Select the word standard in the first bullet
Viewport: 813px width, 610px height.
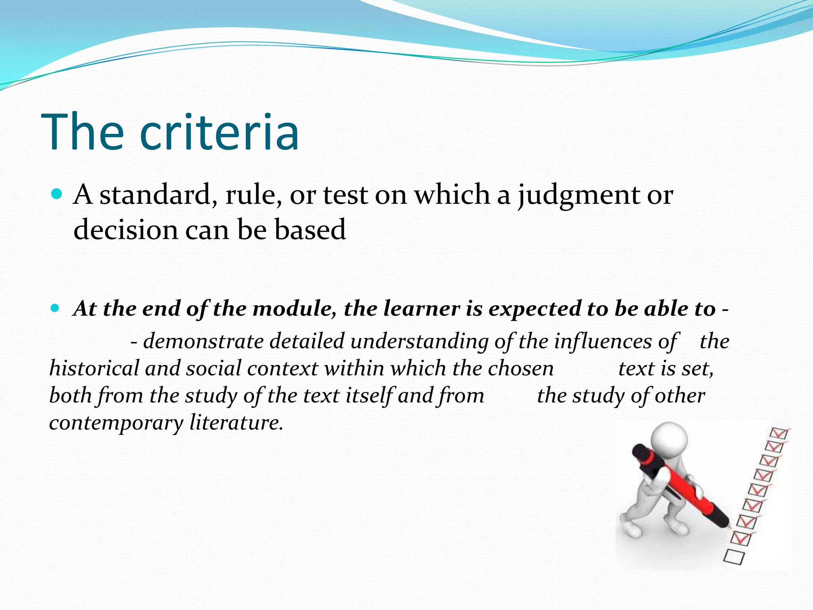tap(155, 195)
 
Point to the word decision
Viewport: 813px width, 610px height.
tap(125, 230)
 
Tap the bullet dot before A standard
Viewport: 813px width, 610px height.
tap(58, 194)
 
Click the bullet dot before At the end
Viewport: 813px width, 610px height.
tap(56, 308)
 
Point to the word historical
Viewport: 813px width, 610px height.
tap(94, 368)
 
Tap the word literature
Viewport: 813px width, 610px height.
tap(236, 422)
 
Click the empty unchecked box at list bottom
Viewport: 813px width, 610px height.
tap(734, 556)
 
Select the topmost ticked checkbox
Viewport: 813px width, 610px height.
tap(778, 433)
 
